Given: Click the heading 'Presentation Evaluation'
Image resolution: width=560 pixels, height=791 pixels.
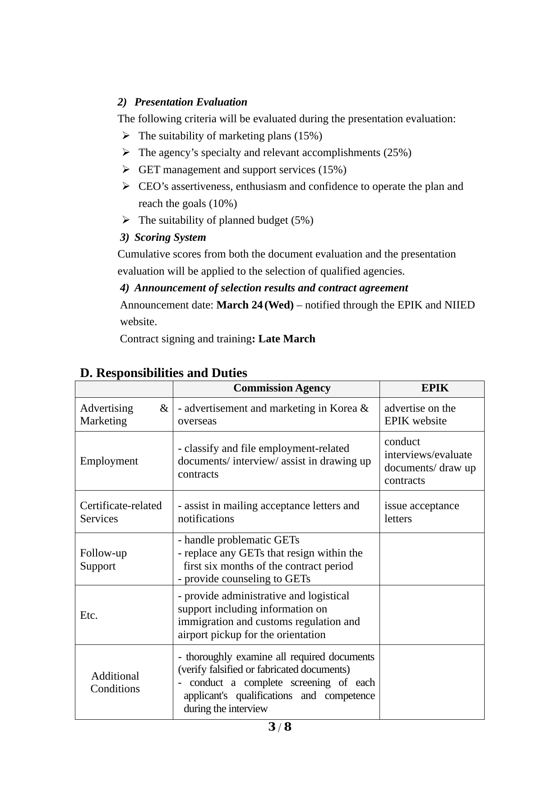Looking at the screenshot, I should (190, 102).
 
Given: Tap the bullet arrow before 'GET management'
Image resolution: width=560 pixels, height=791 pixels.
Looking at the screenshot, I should (126, 170).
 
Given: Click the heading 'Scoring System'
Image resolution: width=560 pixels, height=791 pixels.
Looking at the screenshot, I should (170, 237).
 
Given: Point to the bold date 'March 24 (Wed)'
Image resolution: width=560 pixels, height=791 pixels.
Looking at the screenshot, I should (255, 305).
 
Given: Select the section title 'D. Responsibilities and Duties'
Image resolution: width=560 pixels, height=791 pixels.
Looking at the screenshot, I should (163, 373).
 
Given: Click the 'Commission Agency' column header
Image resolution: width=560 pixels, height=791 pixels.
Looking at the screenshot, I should (282, 388).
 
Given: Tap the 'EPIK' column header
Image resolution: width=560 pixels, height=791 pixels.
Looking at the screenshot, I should (435, 388).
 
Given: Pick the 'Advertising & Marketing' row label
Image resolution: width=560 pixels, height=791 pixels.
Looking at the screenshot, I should (124, 414).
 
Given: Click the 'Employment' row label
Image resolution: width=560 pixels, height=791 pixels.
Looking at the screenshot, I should (109, 461).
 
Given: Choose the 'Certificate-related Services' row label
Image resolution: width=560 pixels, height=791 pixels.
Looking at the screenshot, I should (120, 512).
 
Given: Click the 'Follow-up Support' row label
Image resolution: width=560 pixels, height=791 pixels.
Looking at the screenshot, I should (103, 559).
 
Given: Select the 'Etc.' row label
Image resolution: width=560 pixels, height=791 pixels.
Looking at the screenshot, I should (89, 615).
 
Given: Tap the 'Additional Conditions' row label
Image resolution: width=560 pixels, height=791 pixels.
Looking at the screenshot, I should (115, 682).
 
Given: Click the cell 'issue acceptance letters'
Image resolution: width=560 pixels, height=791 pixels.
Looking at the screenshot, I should (421, 512).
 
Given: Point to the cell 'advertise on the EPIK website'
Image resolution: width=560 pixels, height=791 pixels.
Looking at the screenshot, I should (420, 414).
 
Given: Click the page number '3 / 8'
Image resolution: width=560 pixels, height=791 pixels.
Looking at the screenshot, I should (280, 727).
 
